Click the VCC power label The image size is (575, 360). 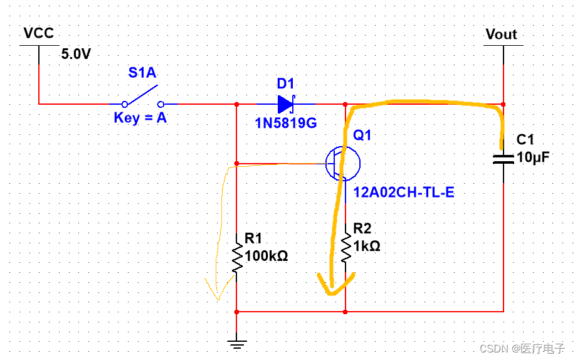(38, 33)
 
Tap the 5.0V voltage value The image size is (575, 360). (76, 55)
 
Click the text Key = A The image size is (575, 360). (140, 117)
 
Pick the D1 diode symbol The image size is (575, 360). (286, 103)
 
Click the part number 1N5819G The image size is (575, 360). (285, 123)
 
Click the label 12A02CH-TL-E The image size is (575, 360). (403, 192)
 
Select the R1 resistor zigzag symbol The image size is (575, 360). (236, 257)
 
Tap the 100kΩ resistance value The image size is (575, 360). (266, 256)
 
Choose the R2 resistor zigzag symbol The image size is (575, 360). (346, 247)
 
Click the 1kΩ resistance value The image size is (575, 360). (366, 246)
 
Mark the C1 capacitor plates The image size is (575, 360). (504, 157)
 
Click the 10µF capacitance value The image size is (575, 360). (533, 157)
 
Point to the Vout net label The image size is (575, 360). (502, 34)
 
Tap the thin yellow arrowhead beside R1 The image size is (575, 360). (217, 291)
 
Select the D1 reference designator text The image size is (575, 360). (285, 83)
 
